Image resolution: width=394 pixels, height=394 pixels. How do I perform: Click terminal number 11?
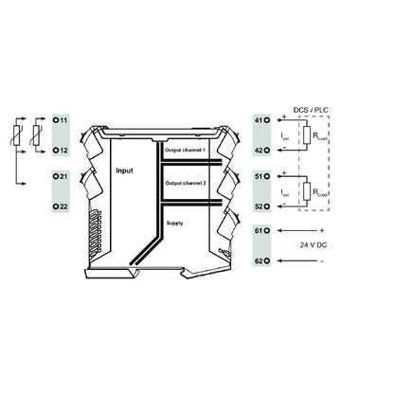[x=62, y=122]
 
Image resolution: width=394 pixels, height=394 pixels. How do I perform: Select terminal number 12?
[x=62, y=151]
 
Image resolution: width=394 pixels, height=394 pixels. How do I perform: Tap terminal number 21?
[x=62, y=177]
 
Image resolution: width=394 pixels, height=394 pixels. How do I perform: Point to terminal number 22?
[x=62, y=206]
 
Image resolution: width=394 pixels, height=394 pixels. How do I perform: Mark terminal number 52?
[x=261, y=204]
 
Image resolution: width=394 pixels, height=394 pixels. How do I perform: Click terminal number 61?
[x=261, y=230]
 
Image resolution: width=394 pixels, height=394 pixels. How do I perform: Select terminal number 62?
[x=261, y=258]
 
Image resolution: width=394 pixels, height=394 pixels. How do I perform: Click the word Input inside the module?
[x=124, y=171]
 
